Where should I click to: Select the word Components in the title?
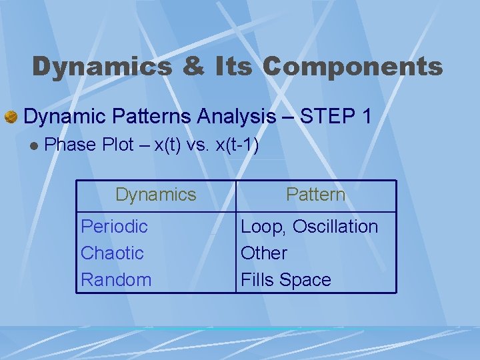tap(353, 67)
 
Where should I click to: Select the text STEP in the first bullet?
tap(327, 117)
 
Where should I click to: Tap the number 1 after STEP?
tap(365, 117)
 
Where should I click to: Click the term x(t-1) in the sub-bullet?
tap(237, 145)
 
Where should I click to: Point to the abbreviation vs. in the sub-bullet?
tap(199, 145)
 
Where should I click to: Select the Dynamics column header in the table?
tap(155, 195)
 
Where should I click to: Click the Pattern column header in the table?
tap(315, 195)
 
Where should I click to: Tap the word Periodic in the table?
tap(114, 227)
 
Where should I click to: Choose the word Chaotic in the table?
tap(112, 253)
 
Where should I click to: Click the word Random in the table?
tap(116, 280)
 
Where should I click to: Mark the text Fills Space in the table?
tap(285, 280)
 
